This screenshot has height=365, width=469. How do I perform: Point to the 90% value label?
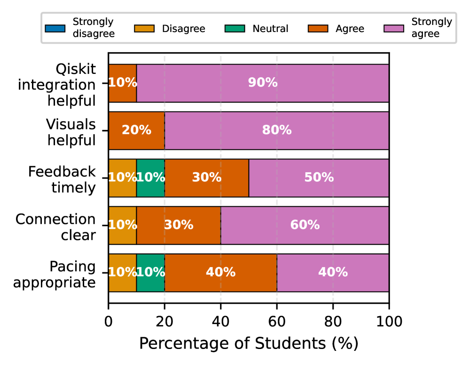point(263,83)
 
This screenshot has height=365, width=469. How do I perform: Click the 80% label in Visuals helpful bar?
point(277,130)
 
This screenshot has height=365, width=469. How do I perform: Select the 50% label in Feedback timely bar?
point(319,178)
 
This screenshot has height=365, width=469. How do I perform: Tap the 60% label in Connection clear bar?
point(305,225)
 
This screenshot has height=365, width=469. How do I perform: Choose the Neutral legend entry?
point(270,28)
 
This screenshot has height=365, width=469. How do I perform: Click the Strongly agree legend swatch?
point(395,28)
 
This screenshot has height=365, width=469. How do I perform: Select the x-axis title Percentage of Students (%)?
point(249,343)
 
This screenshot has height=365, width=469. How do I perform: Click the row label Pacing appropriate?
point(55,275)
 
